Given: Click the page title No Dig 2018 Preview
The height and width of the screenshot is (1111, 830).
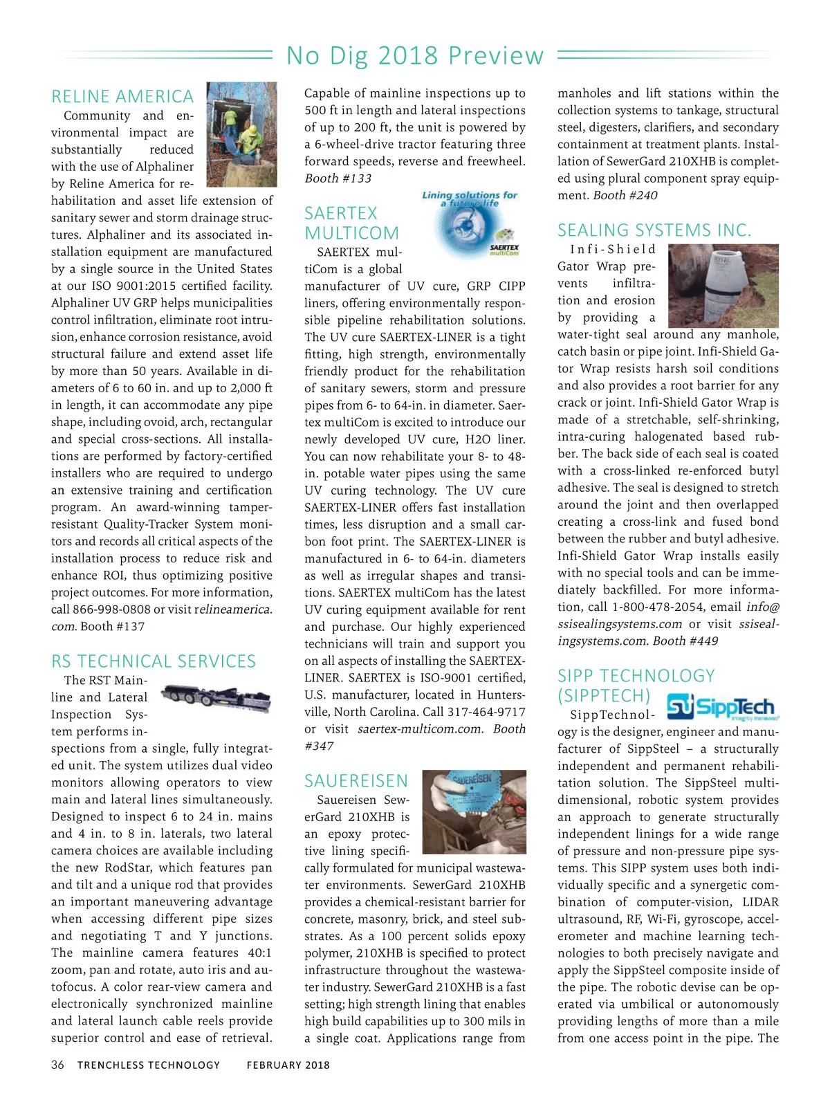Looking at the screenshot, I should point(415,55).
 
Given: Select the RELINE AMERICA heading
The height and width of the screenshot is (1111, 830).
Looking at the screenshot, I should point(122,97).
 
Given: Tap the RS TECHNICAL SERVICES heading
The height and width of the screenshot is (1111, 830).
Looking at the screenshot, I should point(154,661).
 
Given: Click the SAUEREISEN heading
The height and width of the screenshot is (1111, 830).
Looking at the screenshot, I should point(356,781).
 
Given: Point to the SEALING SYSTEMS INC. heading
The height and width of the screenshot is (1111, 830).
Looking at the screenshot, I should point(654,230).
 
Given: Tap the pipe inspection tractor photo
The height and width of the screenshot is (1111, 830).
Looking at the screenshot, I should point(216,699).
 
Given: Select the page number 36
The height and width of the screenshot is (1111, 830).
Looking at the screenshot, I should point(57,1065).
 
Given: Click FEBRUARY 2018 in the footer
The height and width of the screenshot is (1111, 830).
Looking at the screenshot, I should point(288,1065).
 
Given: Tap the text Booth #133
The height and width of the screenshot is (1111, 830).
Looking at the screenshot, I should point(338,178).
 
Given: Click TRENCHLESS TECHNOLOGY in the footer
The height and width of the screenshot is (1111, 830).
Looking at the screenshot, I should point(149,1065).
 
